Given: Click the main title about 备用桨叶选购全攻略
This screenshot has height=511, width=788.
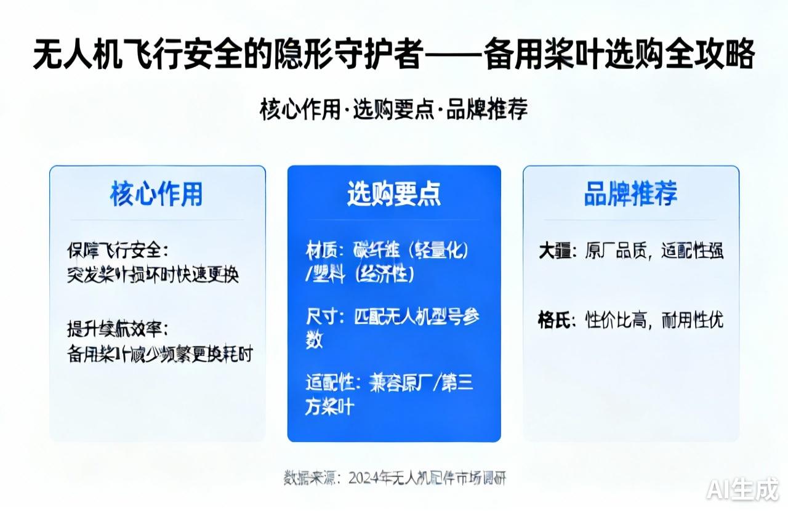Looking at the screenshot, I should (394, 55).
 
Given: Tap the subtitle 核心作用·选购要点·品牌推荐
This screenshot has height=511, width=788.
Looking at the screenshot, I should (394, 110).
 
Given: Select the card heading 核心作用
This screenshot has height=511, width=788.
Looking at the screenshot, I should (156, 194).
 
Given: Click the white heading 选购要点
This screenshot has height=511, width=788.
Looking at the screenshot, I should (394, 194).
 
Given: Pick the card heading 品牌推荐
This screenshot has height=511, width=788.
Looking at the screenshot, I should (630, 194).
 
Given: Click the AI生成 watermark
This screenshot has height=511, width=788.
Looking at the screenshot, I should (742, 490).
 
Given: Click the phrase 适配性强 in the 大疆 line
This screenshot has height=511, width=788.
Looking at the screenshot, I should (693, 251).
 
